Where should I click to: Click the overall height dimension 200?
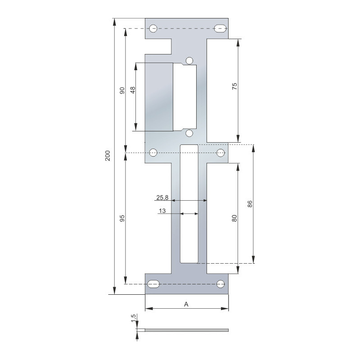108,156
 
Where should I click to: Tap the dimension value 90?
122,90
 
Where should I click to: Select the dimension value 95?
122,218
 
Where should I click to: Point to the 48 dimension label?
133,90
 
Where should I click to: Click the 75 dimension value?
234,86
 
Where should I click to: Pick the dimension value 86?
250,204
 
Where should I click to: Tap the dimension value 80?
234,218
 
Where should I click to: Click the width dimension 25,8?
162,198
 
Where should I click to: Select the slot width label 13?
162,211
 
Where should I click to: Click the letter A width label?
186,304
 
